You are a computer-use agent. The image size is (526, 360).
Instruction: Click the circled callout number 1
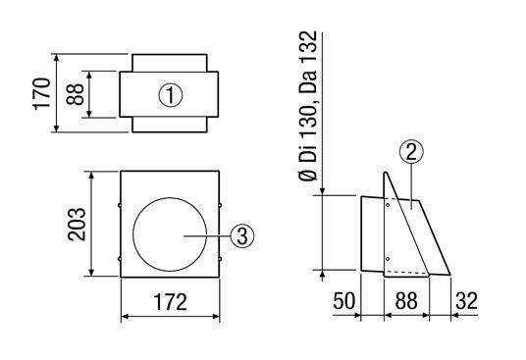(x=171, y=95)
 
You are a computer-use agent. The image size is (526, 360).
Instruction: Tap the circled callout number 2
(x=411, y=151)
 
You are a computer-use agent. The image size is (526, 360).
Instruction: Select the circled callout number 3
(x=242, y=235)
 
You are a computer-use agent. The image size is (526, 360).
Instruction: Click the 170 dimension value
(x=41, y=93)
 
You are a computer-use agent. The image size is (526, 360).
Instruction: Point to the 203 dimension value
(x=77, y=224)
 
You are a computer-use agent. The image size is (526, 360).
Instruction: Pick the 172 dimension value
(x=170, y=302)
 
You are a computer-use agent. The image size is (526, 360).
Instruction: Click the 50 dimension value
(x=343, y=301)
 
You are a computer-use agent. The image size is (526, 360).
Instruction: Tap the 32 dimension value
(x=466, y=301)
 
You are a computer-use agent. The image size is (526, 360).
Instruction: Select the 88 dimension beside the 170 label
(x=75, y=94)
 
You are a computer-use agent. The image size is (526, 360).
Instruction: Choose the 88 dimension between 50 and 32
(x=406, y=301)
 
